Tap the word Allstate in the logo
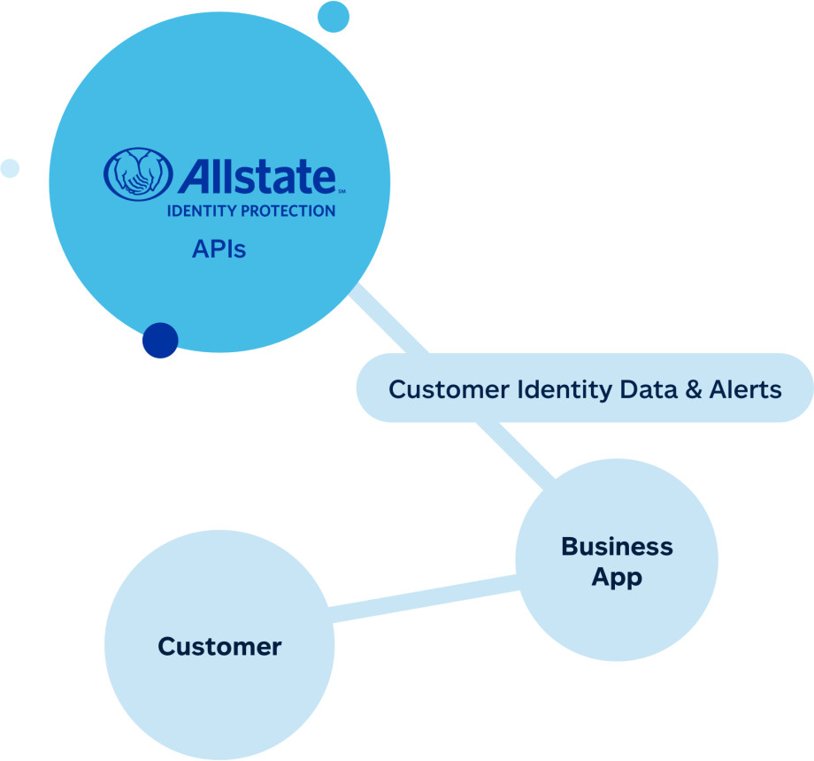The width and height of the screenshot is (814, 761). [x=257, y=176]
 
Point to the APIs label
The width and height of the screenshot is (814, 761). [x=219, y=250]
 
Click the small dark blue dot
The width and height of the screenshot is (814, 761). [x=160, y=341]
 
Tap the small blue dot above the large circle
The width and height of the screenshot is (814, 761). [x=334, y=16]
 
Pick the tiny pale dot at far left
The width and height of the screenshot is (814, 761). [x=10, y=168]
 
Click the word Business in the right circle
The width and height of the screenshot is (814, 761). [x=617, y=547]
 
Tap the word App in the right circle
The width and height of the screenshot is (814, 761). [x=617, y=578]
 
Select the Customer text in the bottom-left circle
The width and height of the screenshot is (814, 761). [x=219, y=647]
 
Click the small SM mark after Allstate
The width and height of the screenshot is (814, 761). [x=342, y=189]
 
